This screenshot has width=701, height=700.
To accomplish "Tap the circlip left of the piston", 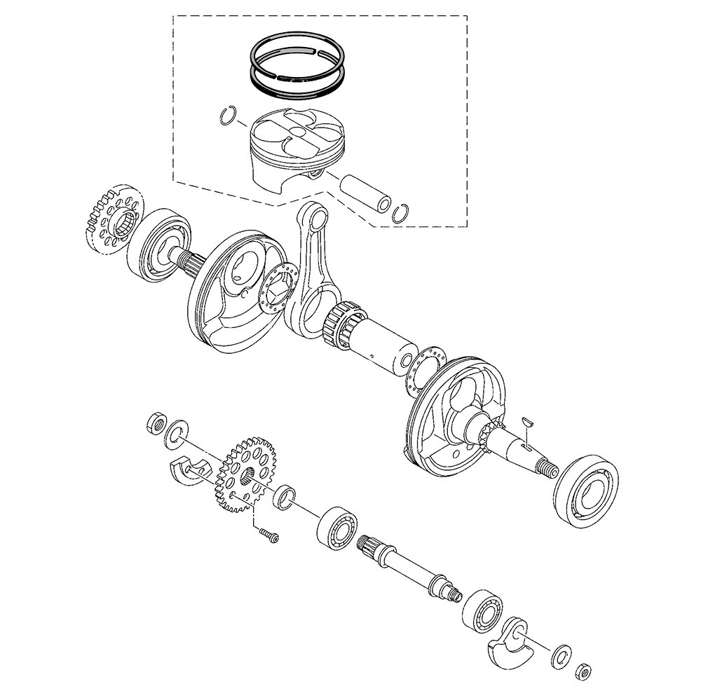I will coord(228,116).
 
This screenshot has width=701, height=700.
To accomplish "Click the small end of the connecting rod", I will coord(313,215).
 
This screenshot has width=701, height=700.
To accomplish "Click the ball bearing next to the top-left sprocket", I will coord(159,244).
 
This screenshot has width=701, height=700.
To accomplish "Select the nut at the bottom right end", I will coord(583,671).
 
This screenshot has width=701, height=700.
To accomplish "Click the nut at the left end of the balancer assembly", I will coord(155,424).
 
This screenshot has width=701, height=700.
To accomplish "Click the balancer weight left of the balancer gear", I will coord(189,469).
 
